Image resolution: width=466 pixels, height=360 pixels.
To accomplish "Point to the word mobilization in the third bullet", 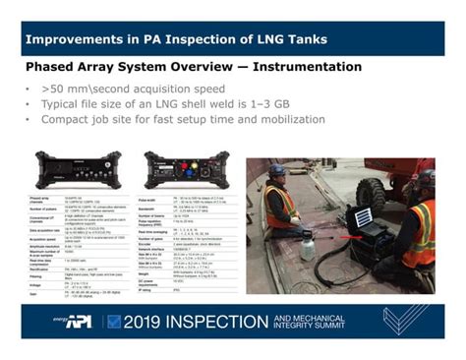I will click(x=284, y=118).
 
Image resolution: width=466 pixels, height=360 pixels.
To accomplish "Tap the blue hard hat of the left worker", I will click(x=279, y=169).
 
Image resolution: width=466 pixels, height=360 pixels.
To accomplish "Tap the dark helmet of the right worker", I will click(x=424, y=181).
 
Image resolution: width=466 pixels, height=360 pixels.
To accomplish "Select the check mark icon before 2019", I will click(x=114, y=321).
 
